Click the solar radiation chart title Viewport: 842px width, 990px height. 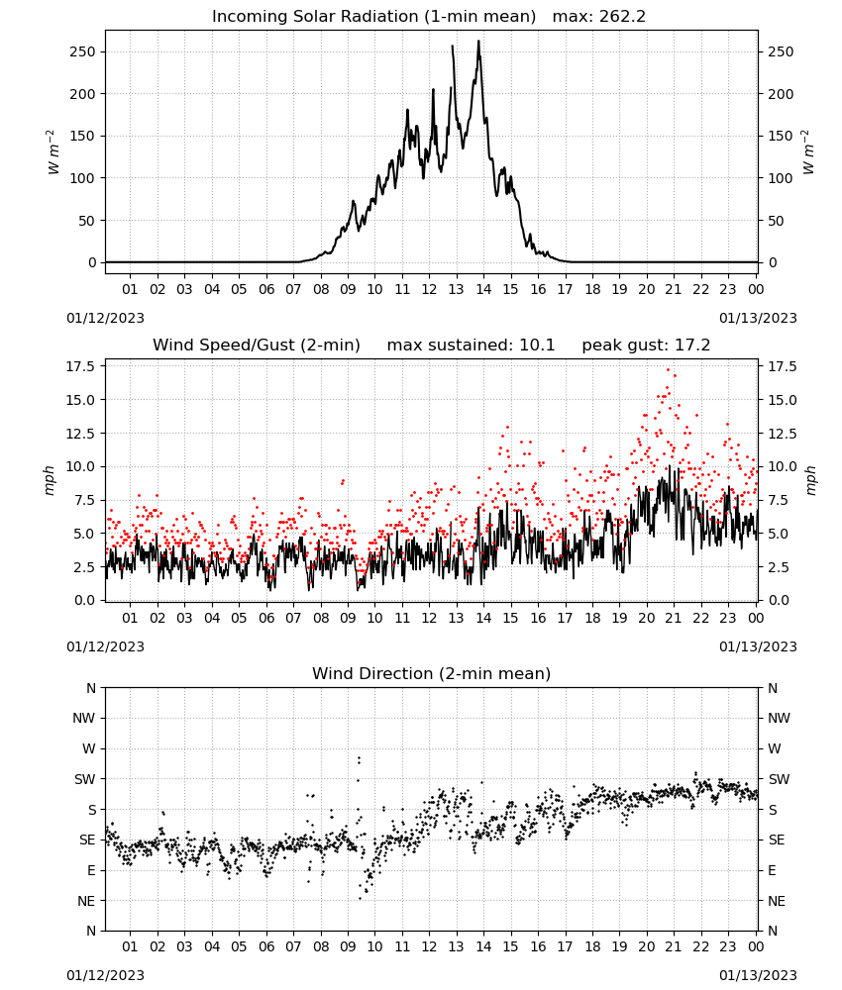tap(373, 16)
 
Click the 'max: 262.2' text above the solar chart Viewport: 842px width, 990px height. tap(599, 16)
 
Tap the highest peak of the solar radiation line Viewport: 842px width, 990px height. tap(478, 41)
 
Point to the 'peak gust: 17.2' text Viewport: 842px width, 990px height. tap(646, 345)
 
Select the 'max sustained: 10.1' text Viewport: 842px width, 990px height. tap(471, 345)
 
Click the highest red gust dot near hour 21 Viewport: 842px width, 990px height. tap(669, 370)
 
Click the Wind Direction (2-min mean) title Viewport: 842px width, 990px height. tap(432, 673)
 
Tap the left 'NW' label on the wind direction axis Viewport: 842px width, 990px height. tap(83, 718)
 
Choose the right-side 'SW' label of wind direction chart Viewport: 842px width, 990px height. tap(779, 779)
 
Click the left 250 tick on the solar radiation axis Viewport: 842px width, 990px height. tap(82, 51)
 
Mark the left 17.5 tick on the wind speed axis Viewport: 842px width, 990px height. tap(81, 366)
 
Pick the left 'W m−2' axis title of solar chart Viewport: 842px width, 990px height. tap(53, 152)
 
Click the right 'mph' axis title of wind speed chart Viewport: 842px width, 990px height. tap(811, 480)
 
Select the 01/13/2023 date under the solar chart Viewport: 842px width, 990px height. tap(758, 318)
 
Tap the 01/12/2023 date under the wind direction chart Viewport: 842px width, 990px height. tap(105, 975)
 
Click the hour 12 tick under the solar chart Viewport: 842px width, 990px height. tap(430, 289)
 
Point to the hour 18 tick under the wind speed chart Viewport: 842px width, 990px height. tap(592, 618)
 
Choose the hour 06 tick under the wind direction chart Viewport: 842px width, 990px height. tap(266, 946)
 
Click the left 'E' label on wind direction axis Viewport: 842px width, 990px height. tap(91, 870)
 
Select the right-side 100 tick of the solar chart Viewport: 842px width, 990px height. tap(781, 178)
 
